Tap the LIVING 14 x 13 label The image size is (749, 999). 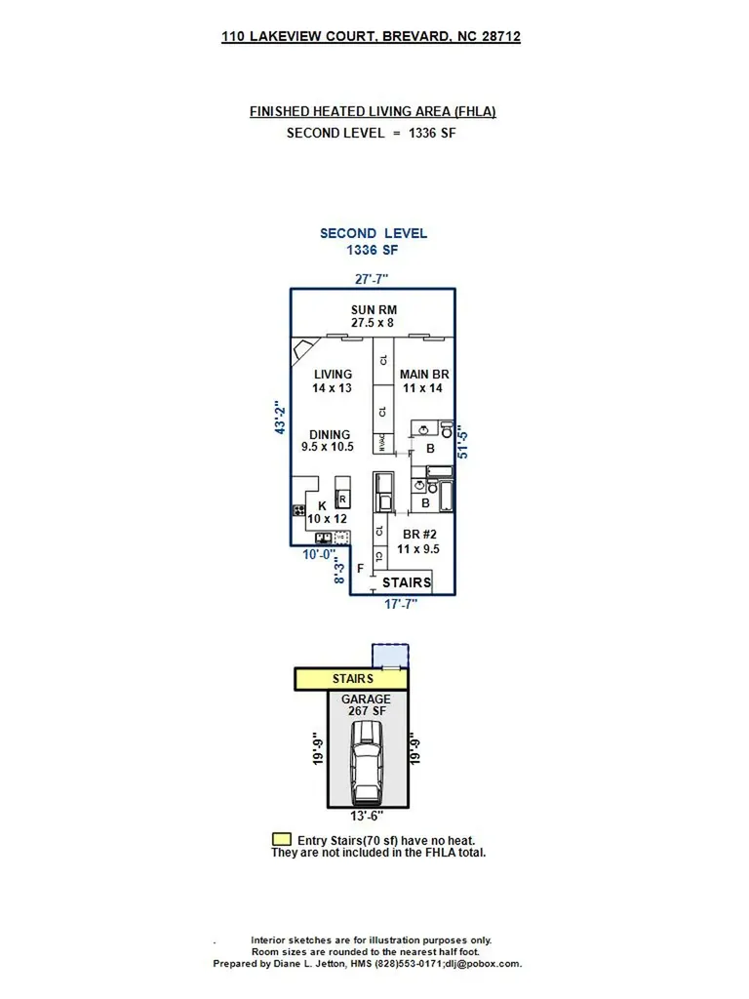[332, 381]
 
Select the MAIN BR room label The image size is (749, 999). [422, 381]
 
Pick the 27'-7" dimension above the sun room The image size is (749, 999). [372, 279]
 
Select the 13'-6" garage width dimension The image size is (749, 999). [368, 815]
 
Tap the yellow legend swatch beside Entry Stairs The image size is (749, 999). [281, 839]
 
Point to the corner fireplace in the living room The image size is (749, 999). [304, 348]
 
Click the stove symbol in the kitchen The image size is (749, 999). [297, 510]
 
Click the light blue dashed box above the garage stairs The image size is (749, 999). [390, 655]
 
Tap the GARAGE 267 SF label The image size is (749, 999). [366, 705]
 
